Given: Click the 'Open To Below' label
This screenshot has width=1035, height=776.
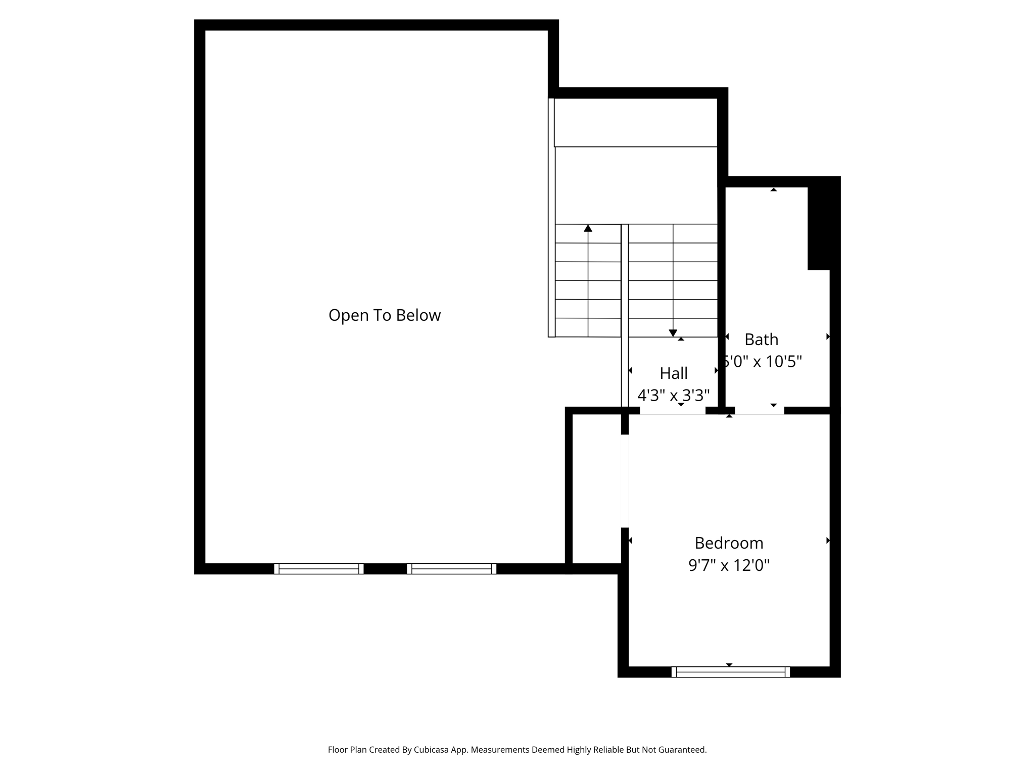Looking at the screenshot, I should click(385, 315).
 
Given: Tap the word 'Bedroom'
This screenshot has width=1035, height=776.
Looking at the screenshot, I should click(729, 543).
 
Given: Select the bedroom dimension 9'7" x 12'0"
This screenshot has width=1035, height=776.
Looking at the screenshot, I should click(729, 565).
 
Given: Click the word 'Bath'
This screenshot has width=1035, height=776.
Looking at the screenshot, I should click(761, 339).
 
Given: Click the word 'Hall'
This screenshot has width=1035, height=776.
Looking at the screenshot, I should click(674, 373).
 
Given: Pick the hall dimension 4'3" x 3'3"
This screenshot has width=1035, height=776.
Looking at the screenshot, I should click(674, 395).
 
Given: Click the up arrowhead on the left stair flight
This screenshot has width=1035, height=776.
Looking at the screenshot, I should click(588, 228).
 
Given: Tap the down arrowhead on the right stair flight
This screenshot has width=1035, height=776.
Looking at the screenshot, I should click(673, 333).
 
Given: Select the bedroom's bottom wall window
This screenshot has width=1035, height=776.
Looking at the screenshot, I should click(730, 672).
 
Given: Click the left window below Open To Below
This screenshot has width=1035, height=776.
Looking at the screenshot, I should click(319, 569).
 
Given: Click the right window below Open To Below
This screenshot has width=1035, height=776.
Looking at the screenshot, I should click(451, 569).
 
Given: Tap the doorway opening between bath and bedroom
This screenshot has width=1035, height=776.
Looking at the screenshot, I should click(760, 411).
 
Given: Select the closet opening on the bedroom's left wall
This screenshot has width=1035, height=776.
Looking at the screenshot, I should click(625, 481).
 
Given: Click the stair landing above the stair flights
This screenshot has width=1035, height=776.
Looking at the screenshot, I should click(636, 185).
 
